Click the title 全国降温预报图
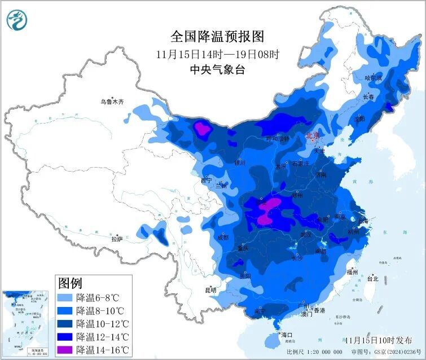tap(217, 37)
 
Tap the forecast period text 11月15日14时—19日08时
tap(217, 55)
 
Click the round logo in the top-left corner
tap(17, 20)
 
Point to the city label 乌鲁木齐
tap(111, 102)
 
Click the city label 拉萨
tap(117, 239)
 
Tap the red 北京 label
tap(312, 136)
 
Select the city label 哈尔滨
tap(374, 78)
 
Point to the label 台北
tap(372, 278)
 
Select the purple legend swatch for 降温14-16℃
tap(66, 350)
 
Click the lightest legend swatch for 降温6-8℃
tap(66, 297)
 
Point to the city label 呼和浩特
tap(277, 138)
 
